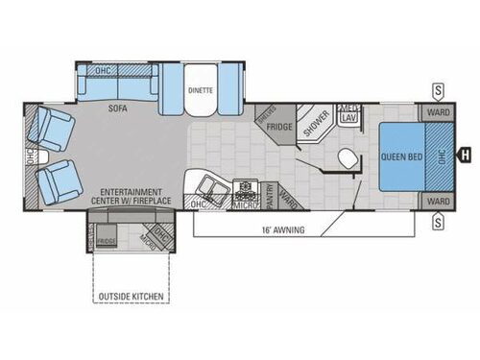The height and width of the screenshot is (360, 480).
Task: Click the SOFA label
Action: click(120, 108)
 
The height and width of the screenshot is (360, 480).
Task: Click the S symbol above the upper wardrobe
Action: click(438, 90)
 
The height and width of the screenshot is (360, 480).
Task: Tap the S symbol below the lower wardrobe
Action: click(438, 223)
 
